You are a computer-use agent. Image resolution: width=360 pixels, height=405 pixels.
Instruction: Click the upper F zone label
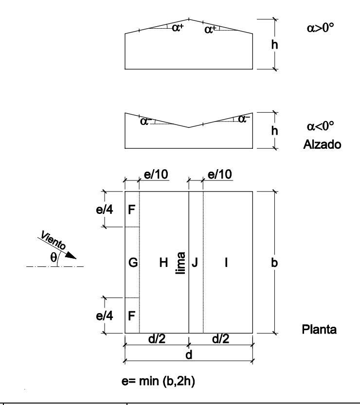(131, 210)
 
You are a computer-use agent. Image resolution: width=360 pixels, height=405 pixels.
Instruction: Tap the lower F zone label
(131, 315)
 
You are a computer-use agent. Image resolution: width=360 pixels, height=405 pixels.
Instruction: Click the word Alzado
(319, 145)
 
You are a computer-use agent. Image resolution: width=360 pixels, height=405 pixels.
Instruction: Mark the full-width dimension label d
(189, 355)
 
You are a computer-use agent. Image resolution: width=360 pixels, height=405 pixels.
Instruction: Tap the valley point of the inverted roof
(189, 127)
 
